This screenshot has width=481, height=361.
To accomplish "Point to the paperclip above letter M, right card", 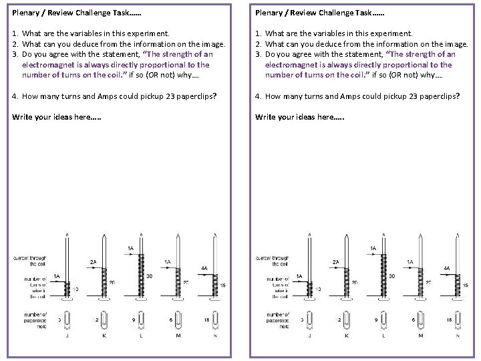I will point(421,321).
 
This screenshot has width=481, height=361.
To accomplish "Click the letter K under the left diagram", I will point(104,336).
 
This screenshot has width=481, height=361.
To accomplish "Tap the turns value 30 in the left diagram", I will point(150,275).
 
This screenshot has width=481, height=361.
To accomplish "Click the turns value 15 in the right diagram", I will point(465,285).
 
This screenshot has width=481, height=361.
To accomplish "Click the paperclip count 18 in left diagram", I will point(206,321).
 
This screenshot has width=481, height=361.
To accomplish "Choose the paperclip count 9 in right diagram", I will point(375,321).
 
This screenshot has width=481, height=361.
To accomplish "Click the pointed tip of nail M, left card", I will point(177,236).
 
